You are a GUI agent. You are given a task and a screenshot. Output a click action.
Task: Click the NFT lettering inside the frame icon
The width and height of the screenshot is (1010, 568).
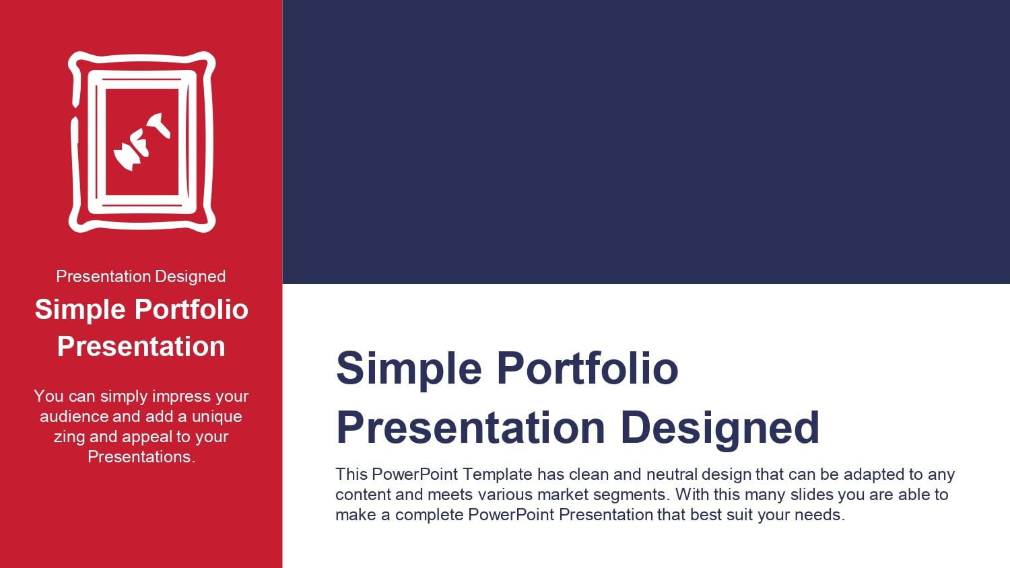tap(141, 141)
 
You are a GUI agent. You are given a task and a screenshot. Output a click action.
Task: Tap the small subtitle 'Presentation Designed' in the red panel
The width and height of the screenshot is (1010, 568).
tap(141, 277)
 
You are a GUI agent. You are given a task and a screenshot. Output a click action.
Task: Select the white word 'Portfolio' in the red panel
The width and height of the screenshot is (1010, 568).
tap(192, 310)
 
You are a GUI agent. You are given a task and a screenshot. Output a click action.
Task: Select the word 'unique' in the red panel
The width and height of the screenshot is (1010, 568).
tap(217, 417)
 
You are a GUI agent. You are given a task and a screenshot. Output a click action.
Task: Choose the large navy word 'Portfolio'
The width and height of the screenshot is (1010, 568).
tap(588, 368)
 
